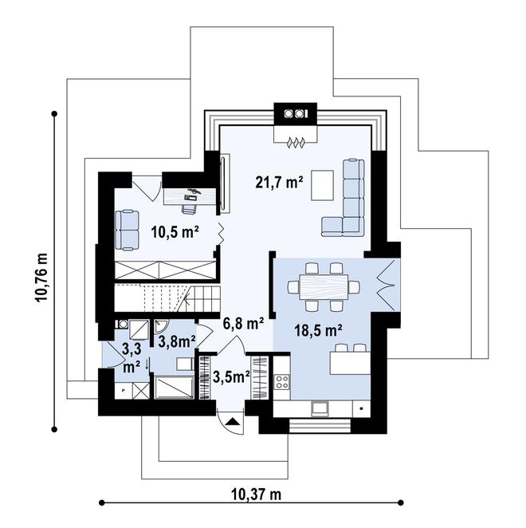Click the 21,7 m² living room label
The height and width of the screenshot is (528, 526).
tap(279, 182)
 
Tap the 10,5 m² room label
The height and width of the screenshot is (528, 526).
tap(175, 232)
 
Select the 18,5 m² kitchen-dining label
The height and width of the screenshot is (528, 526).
tap(318, 330)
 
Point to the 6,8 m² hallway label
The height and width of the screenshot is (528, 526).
tap(243, 324)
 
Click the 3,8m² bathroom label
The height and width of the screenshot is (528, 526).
tap(177, 342)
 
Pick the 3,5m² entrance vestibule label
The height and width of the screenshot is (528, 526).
tap(231, 377)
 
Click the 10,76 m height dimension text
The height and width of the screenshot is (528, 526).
tap(41, 278)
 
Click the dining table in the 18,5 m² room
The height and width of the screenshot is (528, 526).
tap(324, 287)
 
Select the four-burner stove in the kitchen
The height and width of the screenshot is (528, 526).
tap(282, 382)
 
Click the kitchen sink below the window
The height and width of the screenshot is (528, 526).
tap(320, 408)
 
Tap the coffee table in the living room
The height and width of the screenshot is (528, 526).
tap(323, 185)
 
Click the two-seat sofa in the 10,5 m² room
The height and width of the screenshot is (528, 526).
tap(127, 231)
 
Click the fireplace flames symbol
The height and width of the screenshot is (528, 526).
tap(296, 143)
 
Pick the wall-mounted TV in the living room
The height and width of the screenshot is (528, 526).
tap(222, 184)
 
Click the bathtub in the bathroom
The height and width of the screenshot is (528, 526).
tap(174, 388)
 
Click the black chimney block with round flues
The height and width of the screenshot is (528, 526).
tap(296, 114)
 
